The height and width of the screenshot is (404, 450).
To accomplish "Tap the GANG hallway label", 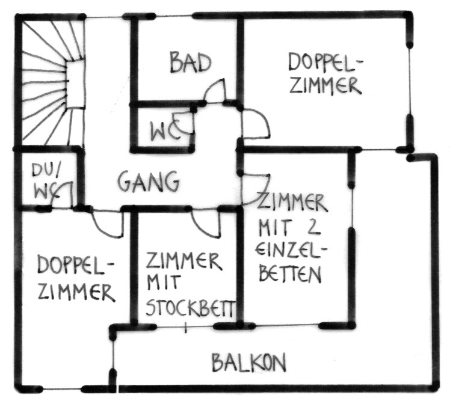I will (x=148, y=180).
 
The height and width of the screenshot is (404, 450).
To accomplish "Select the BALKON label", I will (x=248, y=363).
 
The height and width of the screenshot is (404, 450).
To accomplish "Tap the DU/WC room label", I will (x=44, y=180).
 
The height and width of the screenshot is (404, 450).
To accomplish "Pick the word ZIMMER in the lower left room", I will (x=75, y=292).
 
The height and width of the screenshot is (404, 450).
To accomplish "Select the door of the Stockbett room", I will (x=205, y=222).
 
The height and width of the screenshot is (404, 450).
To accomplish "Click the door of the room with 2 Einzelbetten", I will (x=256, y=186).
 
